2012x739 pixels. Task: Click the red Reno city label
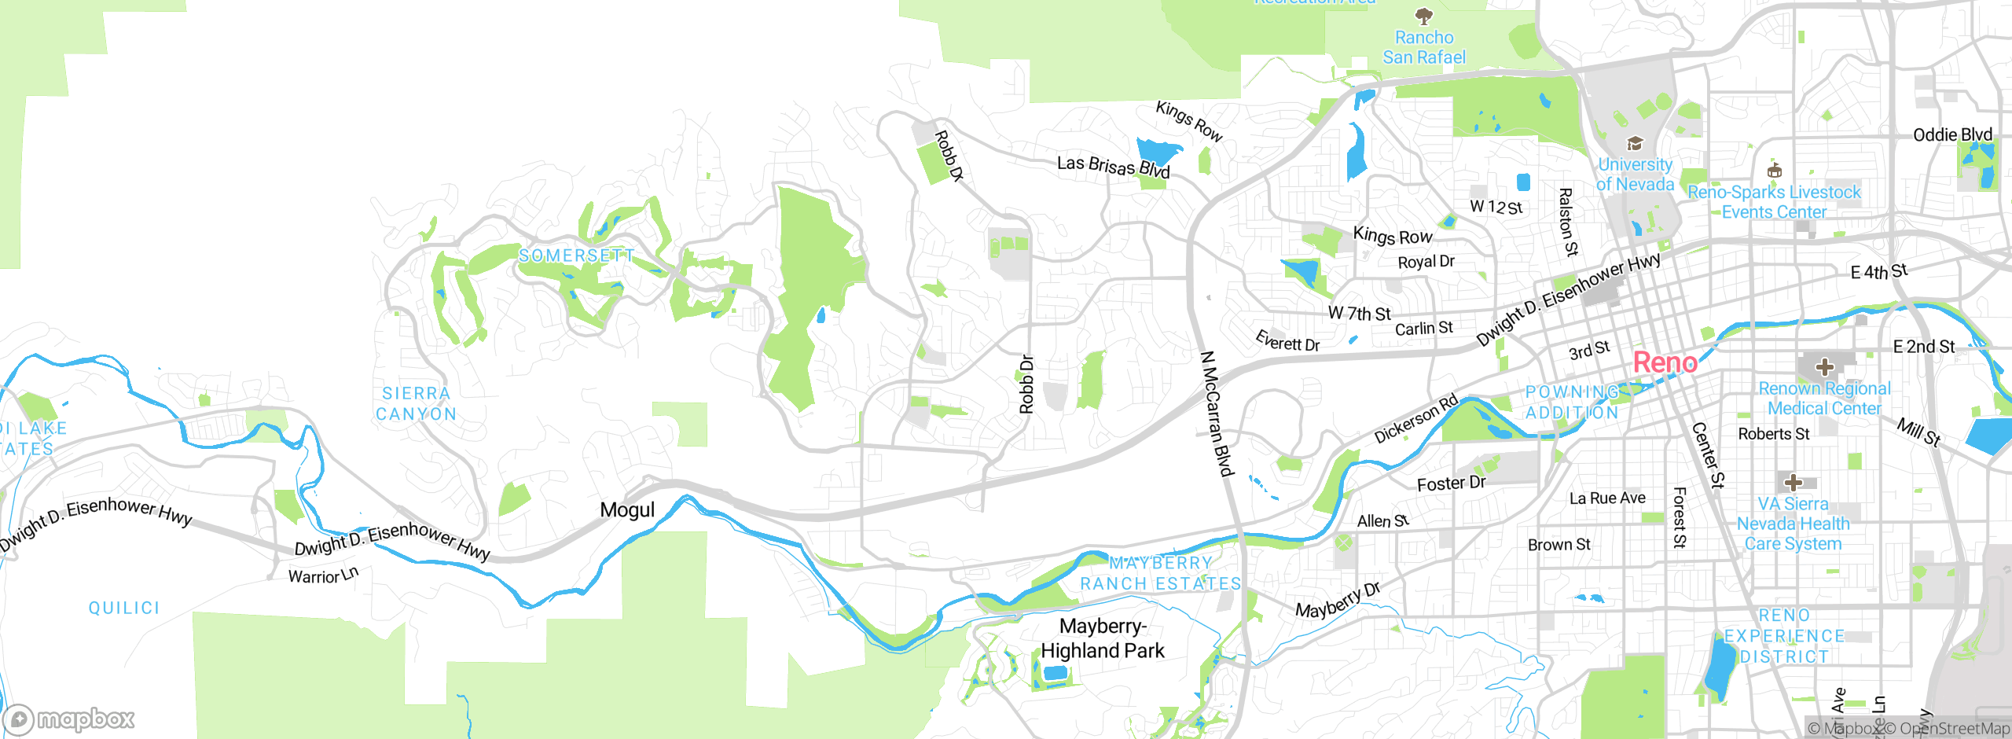tap(1665, 362)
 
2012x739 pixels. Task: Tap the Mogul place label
tap(626, 510)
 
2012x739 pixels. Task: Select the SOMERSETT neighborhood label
tap(576, 256)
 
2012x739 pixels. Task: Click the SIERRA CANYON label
tap(416, 403)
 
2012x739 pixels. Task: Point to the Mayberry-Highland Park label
tap(1103, 638)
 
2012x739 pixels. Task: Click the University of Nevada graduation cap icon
tap(1635, 143)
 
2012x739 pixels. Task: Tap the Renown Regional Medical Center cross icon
tap(1824, 366)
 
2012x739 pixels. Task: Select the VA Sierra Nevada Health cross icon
tap(1793, 482)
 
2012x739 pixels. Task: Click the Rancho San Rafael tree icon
tap(1423, 15)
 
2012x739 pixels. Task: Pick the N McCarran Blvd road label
tap(1216, 414)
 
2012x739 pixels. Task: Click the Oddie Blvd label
tap(1952, 135)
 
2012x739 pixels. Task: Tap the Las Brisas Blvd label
tap(1113, 167)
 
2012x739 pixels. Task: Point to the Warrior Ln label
tap(323, 575)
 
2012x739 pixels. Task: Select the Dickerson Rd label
tap(1415, 419)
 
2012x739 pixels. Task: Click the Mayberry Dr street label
tap(1337, 601)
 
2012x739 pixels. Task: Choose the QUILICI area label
tap(124, 608)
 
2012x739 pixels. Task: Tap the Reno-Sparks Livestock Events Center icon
tap(1774, 171)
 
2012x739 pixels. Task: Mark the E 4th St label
tap(1878, 272)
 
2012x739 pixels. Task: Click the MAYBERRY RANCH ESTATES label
tap(1160, 573)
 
